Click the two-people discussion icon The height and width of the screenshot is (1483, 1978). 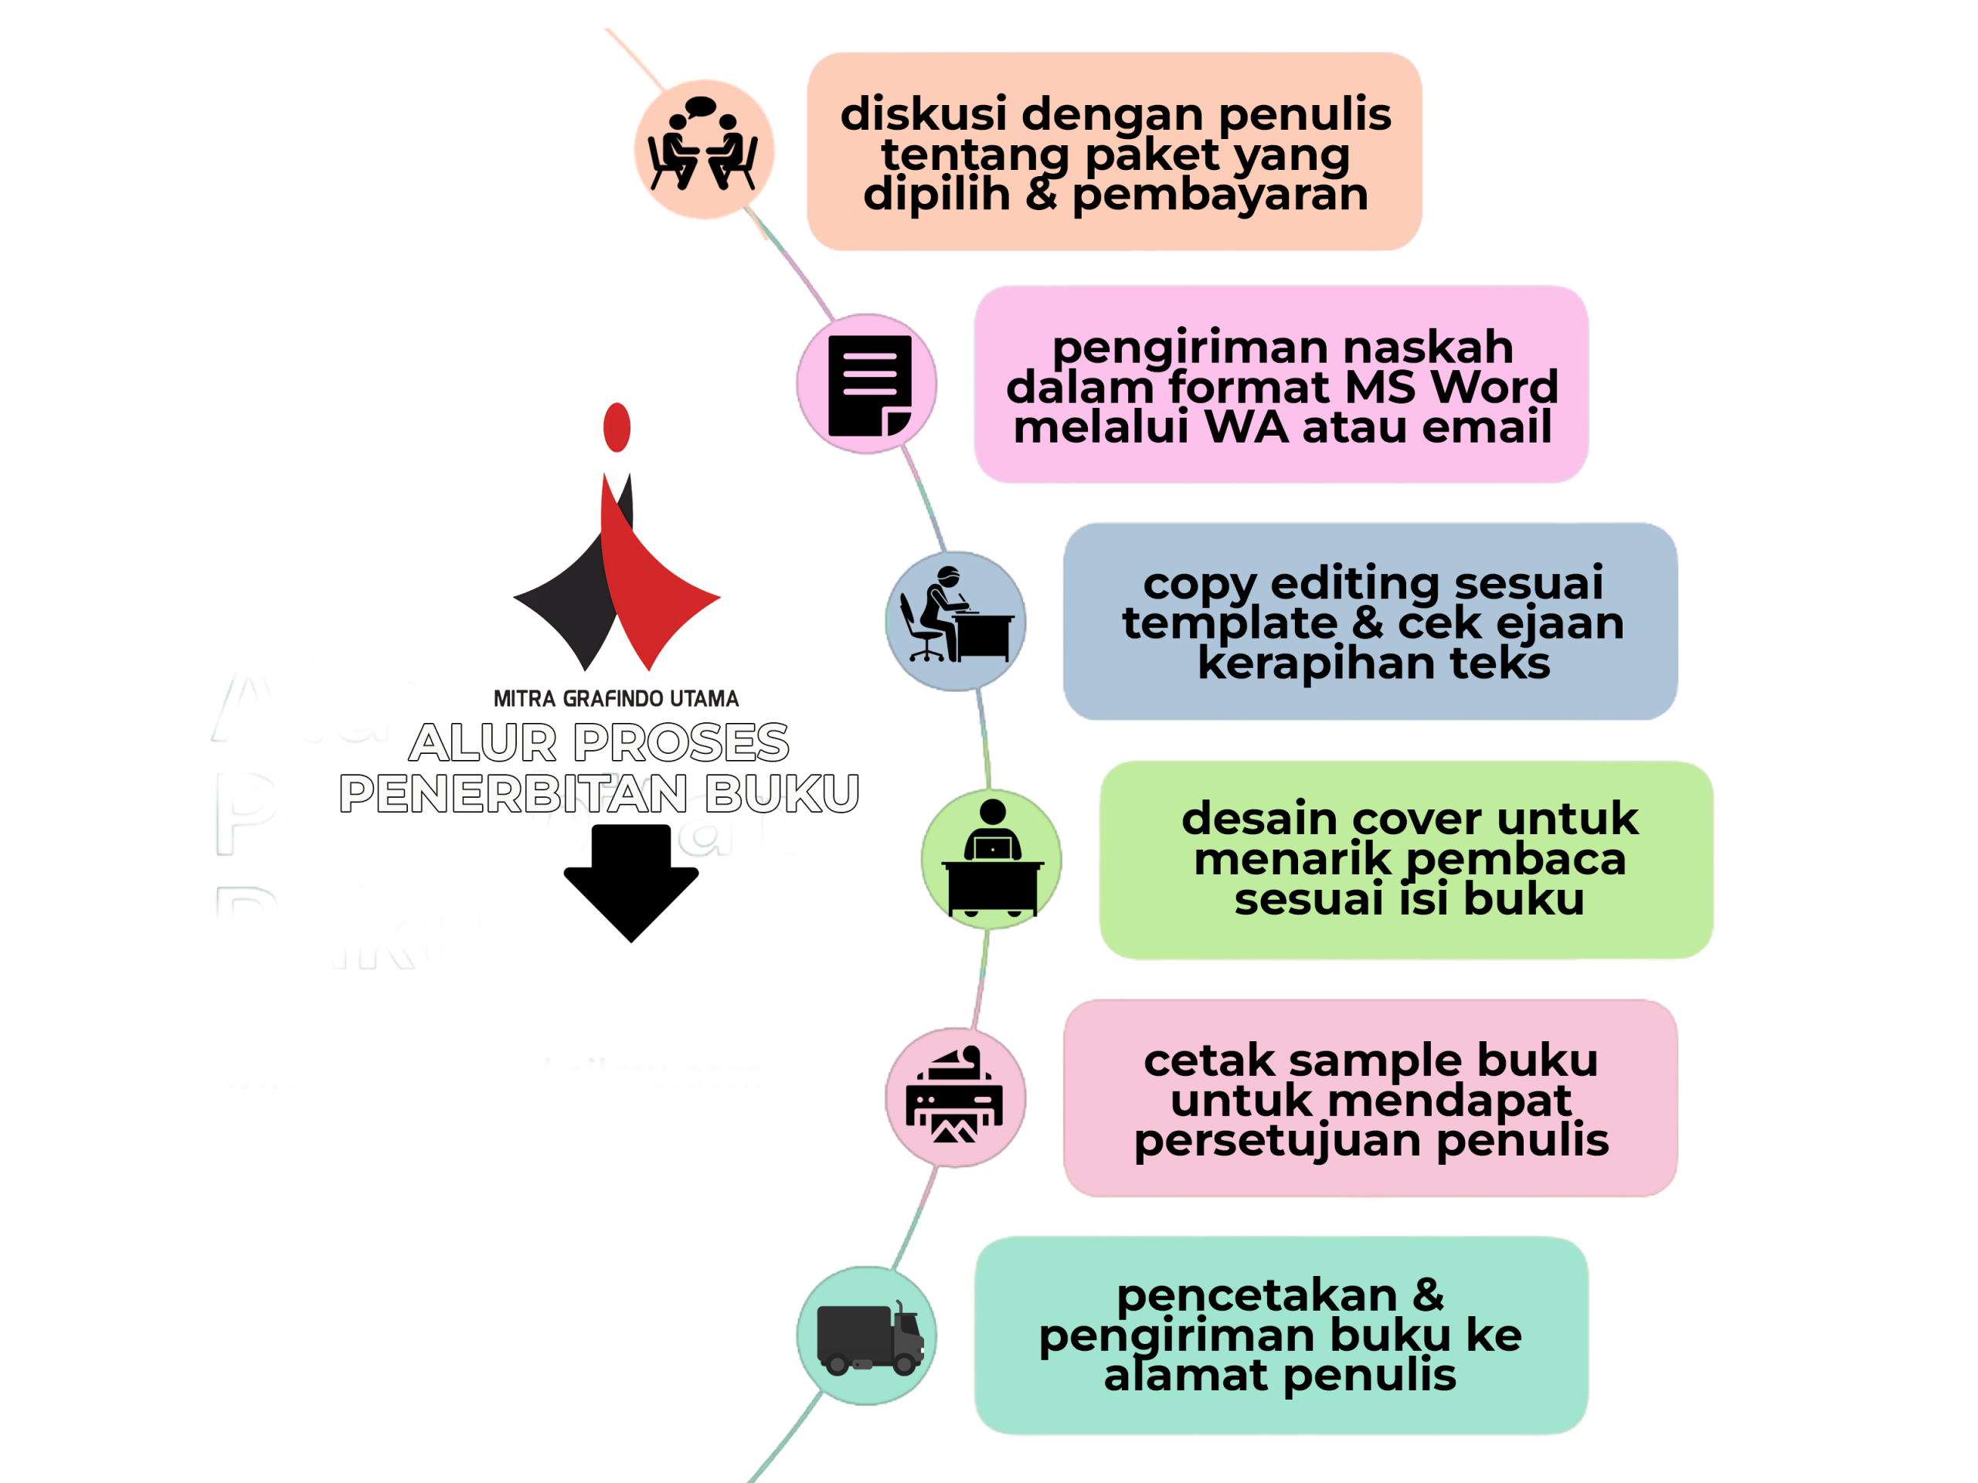704,148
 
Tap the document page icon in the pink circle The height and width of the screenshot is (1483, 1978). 868,385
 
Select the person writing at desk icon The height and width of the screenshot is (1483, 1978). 956,619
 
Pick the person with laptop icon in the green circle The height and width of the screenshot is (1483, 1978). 991,859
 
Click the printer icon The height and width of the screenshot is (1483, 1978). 955,1097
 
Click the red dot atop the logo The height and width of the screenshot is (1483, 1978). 617,427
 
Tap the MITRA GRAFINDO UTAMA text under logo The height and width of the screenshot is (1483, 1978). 617,698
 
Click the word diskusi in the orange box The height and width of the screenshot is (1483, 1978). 924,114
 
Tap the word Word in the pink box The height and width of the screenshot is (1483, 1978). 1494,387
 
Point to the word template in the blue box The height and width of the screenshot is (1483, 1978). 1229,623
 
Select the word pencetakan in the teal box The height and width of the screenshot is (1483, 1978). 1256,1295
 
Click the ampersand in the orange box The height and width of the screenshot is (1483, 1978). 1042,194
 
